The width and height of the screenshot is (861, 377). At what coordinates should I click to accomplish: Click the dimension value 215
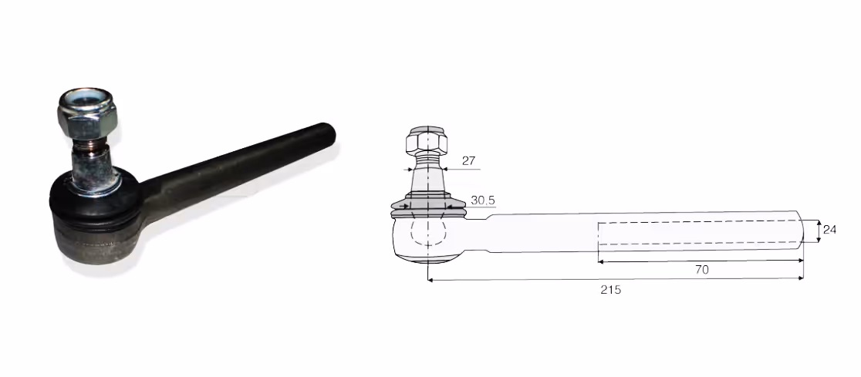tap(610, 290)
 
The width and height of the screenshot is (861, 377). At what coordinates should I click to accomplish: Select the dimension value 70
tap(702, 269)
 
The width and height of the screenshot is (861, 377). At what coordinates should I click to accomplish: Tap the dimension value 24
tap(829, 230)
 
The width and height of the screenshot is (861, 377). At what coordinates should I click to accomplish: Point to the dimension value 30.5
tap(483, 201)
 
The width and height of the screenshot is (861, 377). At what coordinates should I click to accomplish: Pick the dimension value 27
tap(468, 161)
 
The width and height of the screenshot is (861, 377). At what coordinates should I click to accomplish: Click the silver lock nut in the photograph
tap(86, 113)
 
